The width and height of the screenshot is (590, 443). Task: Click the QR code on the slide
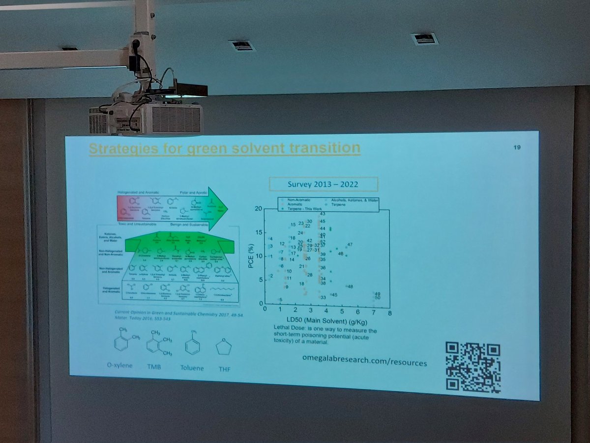[473, 367]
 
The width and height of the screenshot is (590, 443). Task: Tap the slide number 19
[517, 148]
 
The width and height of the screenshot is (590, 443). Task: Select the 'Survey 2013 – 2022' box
[323, 184]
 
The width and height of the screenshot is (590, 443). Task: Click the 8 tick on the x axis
[389, 312]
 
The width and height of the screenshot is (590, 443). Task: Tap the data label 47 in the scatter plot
[350, 245]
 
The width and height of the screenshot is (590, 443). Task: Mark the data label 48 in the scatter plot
[350, 286]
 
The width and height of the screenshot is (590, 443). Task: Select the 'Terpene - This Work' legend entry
[300, 205]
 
